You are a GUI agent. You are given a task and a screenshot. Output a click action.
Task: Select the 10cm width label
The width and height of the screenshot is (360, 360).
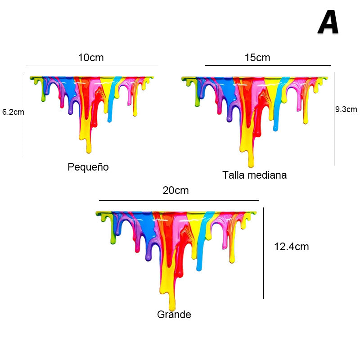(x=91, y=58)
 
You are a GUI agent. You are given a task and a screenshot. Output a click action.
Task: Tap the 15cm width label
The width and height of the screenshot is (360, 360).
(x=257, y=58)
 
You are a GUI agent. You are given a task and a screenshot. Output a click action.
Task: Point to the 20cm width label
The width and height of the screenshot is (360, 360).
(x=175, y=190)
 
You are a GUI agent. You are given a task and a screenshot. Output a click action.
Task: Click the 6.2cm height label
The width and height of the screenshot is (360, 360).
(x=13, y=112)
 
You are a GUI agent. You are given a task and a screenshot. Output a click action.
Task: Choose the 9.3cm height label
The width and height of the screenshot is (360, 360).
(x=346, y=109)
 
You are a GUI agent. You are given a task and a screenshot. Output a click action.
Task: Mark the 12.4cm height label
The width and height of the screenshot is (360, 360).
(x=291, y=247)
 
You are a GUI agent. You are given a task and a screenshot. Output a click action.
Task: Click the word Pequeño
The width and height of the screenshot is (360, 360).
(x=88, y=167)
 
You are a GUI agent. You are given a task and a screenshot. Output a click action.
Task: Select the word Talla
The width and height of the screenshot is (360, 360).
(x=233, y=175)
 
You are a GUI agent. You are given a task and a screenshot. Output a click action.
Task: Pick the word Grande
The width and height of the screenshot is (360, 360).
(x=174, y=315)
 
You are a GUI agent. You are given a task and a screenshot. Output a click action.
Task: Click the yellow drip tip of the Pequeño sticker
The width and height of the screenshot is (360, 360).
(x=89, y=149)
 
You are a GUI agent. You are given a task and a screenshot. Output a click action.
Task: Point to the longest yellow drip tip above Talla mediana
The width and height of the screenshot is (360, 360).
(x=251, y=164)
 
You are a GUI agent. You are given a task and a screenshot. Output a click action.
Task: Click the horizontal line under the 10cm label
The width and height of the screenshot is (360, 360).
(x=92, y=66)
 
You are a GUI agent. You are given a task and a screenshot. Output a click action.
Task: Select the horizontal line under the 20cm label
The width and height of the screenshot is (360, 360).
(x=179, y=200)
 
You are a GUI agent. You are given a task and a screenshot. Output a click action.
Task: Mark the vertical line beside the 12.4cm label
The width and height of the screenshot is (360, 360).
(x=263, y=253)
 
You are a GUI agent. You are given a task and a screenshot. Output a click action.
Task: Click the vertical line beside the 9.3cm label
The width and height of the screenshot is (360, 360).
(x=334, y=119)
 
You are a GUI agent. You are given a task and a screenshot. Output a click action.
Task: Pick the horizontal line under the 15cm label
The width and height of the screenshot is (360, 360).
(x=268, y=66)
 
